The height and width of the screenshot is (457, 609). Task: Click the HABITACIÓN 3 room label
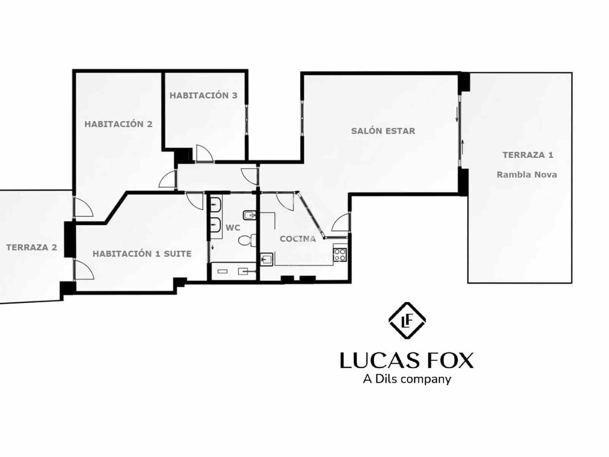pyautogui.click(x=203, y=95)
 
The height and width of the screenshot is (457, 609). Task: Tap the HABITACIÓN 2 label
pyautogui.click(x=118, y=124)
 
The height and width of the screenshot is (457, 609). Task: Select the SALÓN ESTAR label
pyautogui.click(x=383, y=131)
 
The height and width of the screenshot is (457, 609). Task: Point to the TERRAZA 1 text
pyautogui.click(x=528, y=155)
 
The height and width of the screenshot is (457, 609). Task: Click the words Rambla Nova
pyautogui.click(x=526, y=175)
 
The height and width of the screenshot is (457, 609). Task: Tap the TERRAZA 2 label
pyautogui.click(x=32, y=248)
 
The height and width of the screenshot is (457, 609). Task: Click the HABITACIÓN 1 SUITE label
pyautogui.click(x=142, y=254)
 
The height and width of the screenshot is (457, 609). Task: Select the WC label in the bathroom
pyautogui.click(x=233, y=228)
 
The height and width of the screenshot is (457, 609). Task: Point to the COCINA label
pyautogui.click(x=298, y=239)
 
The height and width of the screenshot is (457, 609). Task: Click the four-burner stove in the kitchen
pyautogui.click(x=340, y=254)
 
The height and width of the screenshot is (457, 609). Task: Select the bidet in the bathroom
pyautogui.click(x=249, y=216)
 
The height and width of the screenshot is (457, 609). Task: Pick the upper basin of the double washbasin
pyautogui.click(x=216, y=205)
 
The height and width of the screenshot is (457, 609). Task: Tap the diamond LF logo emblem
pyautogui.click(x=407, y=321)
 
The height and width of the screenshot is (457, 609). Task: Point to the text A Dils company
pyautogui.click(x=407, y=379)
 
